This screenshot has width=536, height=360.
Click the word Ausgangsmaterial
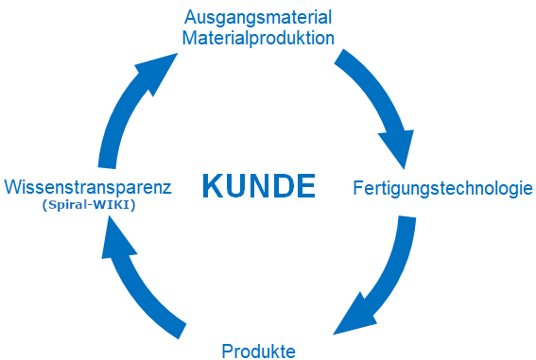coord(258,18)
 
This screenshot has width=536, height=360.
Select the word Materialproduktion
coord(258,38)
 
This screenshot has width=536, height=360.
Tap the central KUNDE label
coord(259,185)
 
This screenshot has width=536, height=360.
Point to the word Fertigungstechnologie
coord(442,189)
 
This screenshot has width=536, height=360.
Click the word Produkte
coord(258,351)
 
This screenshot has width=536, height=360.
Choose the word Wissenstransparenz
coord(88,187)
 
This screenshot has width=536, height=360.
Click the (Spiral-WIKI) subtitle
coord(89,205)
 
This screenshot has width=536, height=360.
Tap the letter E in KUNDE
coord(305,185)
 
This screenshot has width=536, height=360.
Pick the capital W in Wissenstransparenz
coord(13,187)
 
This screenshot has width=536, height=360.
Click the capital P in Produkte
coord(227,351)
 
